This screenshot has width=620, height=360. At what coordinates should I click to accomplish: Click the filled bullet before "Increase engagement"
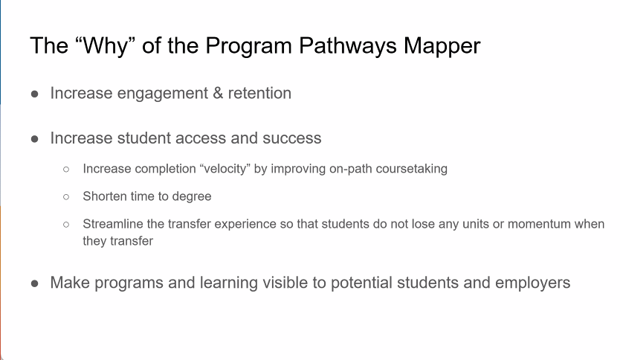pyautogui.click(x=34, y=94)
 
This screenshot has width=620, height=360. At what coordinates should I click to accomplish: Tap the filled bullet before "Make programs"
pyautogui.click(x=34, y=283)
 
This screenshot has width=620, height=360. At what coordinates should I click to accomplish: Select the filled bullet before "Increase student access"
pyautogui.click(x=34, y=139)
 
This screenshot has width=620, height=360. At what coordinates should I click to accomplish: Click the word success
pyautogui.click(x=292, y=138)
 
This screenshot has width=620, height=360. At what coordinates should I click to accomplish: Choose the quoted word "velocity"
pyautogui.click(x=225, y=169)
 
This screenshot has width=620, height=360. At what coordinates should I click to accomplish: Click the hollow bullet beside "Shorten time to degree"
pyautogui.click(x=66, y=197)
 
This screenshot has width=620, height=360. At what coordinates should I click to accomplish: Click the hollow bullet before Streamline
pyautogui.click(x=66, y=225)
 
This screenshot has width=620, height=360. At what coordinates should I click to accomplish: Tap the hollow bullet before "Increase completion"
pyautogui.click(x=66, y=170)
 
